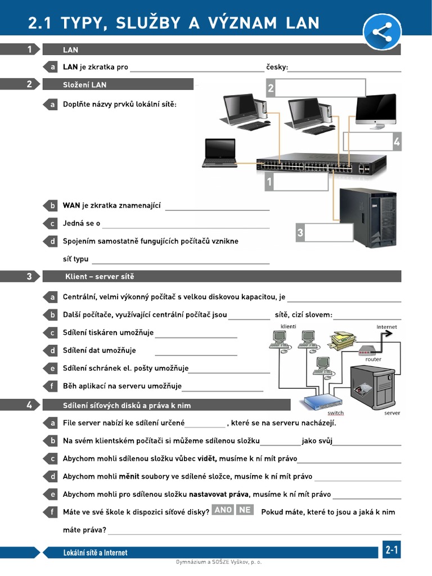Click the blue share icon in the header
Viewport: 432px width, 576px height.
click(382, 31)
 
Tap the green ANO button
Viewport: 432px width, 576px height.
click(223, 510)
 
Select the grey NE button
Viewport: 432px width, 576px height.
click(245, 510)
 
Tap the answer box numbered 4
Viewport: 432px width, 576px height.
click(368, 142)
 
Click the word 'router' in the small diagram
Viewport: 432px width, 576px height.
click(373, 359)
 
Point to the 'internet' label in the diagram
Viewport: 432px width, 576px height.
click(386, 327)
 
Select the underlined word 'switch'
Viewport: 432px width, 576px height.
click(335, 413)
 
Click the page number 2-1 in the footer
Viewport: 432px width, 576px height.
click(391, 551)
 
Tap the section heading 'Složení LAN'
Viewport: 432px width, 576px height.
click(84, 85)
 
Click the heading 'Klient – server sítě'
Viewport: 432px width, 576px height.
click(100, 277)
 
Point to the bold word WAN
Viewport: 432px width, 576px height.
click(71, 205)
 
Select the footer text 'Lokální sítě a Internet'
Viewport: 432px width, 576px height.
click(95, 553)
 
